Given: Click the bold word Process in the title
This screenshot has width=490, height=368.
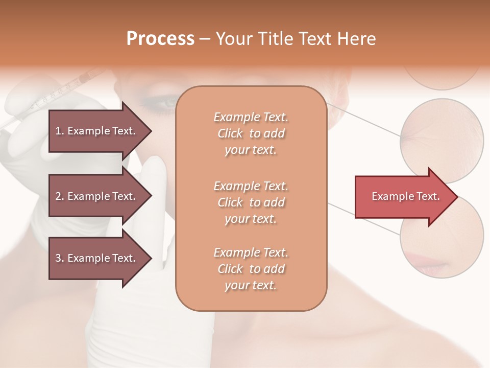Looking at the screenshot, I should [x=160, y=39].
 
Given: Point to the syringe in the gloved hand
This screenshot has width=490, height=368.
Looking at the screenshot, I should [x=61, y=95].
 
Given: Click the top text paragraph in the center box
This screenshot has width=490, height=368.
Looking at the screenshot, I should [x=251, y=133].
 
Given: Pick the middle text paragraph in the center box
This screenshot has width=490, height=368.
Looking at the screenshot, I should [x=251, y=202].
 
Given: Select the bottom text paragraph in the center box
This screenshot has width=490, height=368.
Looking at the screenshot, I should [x=251, y=269].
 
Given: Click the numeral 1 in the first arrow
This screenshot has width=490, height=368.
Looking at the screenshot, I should [x=58, y=131].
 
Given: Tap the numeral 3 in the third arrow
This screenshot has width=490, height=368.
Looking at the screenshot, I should [x=58, y=258].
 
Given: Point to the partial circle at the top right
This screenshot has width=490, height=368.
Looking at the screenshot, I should [x=442, y=77].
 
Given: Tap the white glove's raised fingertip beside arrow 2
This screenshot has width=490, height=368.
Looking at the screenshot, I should [x=156, y=163].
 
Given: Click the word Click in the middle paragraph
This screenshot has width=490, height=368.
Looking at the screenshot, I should [x=230, y=202].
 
